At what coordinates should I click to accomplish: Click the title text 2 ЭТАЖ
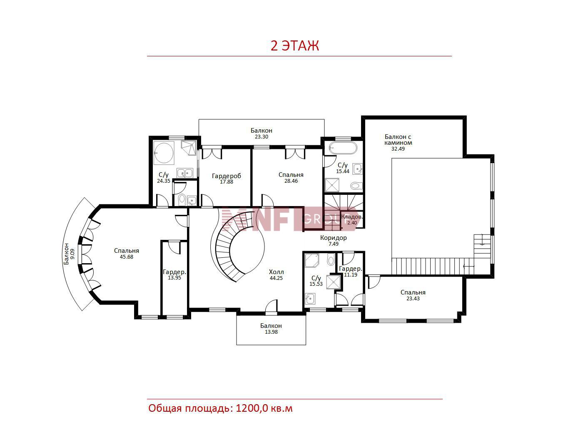[x=294, y=46]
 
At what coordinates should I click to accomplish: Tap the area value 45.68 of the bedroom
[x=127, y=257]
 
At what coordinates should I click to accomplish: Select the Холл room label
[x=276, y=272]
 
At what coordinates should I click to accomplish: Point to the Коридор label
[x=333, y=238]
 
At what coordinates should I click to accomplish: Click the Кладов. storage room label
[x=351, y=217]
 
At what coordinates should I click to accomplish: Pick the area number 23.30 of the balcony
[x=262, y=137]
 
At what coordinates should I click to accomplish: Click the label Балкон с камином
[x=398, y=140]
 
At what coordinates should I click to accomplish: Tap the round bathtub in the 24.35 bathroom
[x=164, y=153]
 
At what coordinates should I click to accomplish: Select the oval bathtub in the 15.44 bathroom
[x=343, y=148]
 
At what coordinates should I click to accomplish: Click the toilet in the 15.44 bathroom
[x=356, y=185]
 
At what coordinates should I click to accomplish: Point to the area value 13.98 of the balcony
[x=271, y=332]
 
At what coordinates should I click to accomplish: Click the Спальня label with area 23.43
[x=413, y=292]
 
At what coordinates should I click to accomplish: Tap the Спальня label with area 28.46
[x=291, y=175]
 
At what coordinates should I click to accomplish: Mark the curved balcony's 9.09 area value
[x=72, y=254]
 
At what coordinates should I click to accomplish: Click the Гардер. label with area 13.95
[x=174, y=272]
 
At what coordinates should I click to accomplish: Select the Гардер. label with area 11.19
[x=351, y=269]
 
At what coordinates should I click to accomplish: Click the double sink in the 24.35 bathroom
[x=185, y=173]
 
